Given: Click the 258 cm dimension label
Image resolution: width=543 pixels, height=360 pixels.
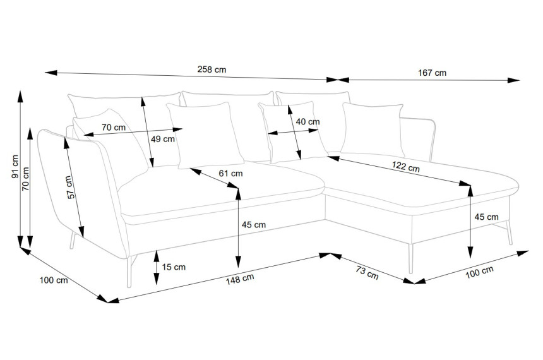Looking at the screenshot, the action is pos(212,69).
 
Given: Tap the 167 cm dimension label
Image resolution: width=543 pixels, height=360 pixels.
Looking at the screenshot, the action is pos(432,73).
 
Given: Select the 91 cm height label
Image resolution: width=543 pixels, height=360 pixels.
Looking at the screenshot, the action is pos(15,167).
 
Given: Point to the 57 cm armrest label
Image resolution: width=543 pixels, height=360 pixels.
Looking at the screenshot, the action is pos(70,188).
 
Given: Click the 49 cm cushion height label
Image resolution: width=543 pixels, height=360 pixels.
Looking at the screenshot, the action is pos(163,140).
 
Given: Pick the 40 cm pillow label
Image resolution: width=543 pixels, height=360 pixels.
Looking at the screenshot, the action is pos(308,122).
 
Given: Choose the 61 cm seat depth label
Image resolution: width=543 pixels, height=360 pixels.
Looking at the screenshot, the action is pos(230,173).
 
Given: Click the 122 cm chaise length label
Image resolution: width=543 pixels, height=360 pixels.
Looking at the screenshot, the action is pos(405,167).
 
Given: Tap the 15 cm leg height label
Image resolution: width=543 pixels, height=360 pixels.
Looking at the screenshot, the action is pos(174,267).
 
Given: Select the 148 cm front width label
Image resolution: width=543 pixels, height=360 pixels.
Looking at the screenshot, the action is pos(240,279).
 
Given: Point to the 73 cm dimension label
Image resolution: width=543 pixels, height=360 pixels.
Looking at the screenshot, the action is pos(367,272).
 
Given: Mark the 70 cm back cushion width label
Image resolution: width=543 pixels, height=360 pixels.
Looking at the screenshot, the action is pos(114,128).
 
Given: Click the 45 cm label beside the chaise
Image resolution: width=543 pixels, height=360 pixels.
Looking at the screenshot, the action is pos(486,217).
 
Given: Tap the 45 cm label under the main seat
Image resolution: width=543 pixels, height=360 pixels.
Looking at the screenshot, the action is pos(253,225).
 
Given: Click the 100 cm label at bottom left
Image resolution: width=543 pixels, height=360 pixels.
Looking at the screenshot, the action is pos(54,280).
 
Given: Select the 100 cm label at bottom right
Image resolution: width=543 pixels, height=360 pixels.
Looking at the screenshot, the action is pos(479,272).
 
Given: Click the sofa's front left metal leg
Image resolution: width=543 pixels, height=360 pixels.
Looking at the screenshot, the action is pos(130,272).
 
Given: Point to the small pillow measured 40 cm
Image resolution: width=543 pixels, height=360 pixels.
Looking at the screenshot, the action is pos(292,132).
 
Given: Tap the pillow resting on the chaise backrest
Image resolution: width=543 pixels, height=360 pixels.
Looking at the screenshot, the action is pos(373,129).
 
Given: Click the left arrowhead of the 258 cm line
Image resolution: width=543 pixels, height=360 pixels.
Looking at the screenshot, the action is pos(51,73).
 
